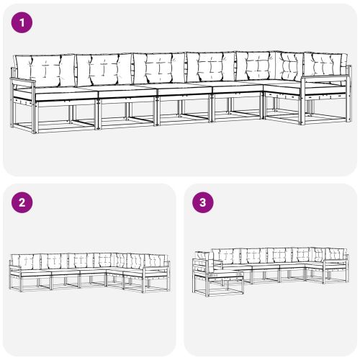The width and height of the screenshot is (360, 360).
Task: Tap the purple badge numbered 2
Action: click(x=23, y=203)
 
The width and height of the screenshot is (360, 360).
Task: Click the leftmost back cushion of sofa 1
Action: click(x=45, y=71)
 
